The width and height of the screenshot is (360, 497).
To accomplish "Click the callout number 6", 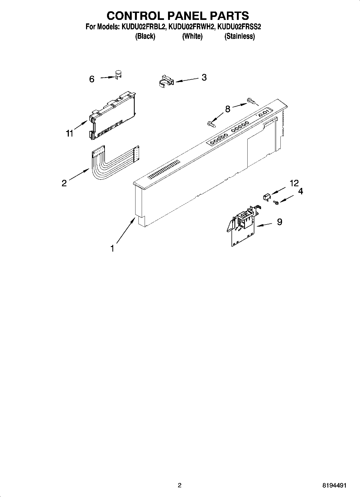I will pos(92,79).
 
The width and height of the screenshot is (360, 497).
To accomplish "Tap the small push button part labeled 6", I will pos(118,74).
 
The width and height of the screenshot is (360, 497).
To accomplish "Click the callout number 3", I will pos(204,77).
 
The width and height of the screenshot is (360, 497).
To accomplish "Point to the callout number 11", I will pos(70,133).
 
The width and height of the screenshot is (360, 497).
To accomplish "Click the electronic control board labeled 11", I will pos(112,116).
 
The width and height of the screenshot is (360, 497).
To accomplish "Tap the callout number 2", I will pos(64,183).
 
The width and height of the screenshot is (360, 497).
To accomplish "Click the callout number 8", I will pos(227,109).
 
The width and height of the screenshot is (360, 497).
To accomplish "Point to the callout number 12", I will pos(294,183).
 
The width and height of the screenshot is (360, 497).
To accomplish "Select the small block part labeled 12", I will pos(266,197).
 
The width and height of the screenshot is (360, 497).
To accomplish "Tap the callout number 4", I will pos(301,191).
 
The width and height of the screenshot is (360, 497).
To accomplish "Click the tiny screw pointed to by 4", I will pos(275,203).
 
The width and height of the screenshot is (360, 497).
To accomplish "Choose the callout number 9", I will pos(279,222).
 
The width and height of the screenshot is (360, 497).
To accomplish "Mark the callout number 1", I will pos(112,249).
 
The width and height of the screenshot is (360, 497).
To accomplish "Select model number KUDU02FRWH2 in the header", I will pos(192,27).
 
